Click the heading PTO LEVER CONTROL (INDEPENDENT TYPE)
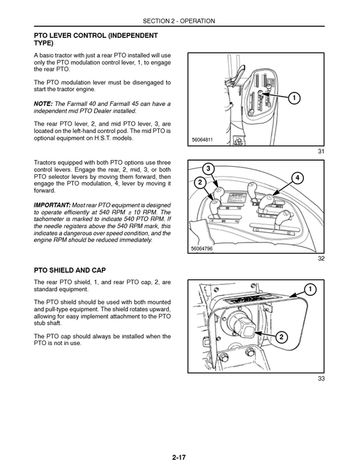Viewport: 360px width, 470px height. (95, 38)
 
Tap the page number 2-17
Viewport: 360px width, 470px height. (179, 458)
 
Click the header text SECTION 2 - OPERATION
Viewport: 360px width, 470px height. (179, 21)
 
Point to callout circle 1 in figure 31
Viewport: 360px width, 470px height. (294, 99)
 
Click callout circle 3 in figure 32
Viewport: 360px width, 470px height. (209, 168)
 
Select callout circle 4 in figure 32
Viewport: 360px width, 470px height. (297, 178)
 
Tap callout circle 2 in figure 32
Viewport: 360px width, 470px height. (200, 182)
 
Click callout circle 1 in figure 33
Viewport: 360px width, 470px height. (310, 290)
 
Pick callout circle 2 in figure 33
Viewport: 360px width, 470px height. (281, 337)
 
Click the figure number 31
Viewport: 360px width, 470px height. (322, 151)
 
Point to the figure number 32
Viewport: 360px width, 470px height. (322, 258)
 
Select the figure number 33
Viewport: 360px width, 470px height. (322, 379)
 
